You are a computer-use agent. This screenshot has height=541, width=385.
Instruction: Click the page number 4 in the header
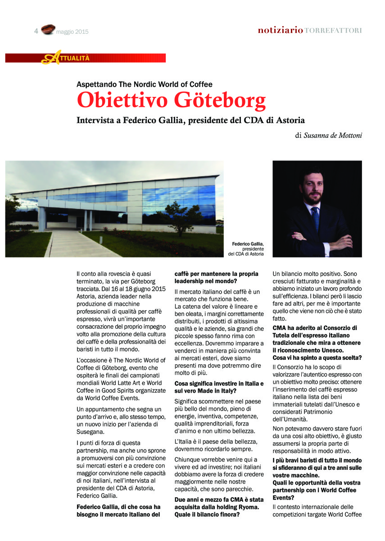tap(36, 31)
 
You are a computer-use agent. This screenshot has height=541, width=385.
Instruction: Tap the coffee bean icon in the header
tap(48, 30)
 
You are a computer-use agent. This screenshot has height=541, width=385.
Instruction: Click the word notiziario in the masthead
tap(280, 31)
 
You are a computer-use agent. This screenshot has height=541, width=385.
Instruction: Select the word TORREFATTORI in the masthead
tap(333, 31)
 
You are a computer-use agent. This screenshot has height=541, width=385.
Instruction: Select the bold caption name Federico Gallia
tap(248, 244)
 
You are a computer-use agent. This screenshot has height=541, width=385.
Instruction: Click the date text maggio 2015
tap(72, 32)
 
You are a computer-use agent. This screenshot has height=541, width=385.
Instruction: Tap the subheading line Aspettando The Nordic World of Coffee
tap(144, 84)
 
